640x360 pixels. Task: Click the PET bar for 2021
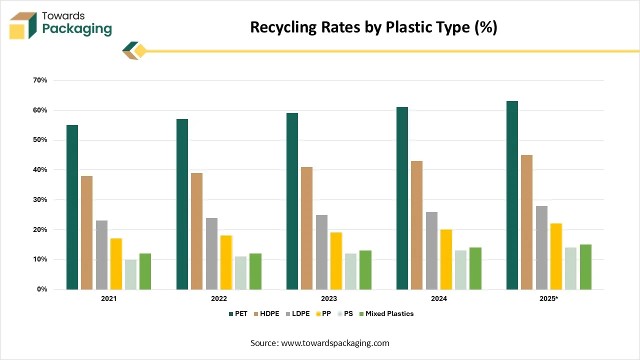pos(72,207)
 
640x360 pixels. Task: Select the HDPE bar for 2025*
pos(526,222)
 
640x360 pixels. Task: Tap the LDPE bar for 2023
pos(321,252)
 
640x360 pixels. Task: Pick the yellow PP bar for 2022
pos(226,262)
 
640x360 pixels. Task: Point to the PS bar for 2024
pos(460,269)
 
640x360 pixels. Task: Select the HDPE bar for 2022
pos(196,231)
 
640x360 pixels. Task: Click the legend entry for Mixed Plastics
pos(389,313)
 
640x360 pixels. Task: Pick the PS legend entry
pos(348,313)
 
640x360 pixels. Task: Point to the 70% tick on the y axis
pos(40,80)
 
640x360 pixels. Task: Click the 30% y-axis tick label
pos(40,199)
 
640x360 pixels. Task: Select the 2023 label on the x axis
pos(329,298)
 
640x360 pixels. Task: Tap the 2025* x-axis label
pos(549,298)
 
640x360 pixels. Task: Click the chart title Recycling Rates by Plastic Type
pos(373,27)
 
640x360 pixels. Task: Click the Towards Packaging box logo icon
pos(23,25)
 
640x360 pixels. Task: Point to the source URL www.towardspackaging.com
pos(335,343)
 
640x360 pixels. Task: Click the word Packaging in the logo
pos(77,29)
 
